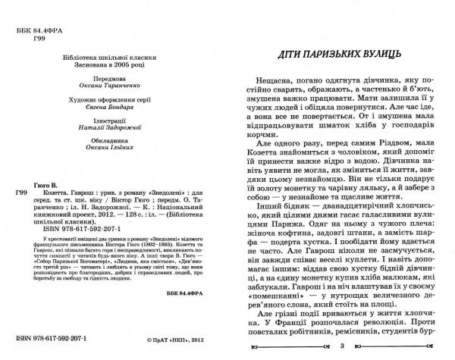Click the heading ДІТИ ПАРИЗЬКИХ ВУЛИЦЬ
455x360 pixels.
click(341, 57)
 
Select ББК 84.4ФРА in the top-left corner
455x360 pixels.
click(38, 16)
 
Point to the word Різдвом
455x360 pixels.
click(390, 167)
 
